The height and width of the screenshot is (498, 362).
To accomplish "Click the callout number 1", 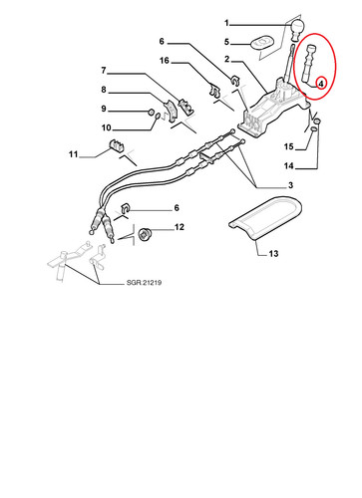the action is [226, 23].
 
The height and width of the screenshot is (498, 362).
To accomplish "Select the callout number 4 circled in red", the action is [321, 84].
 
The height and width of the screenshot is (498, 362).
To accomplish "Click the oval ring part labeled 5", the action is [261, 43].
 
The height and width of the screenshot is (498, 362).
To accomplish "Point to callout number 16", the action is [165, 61].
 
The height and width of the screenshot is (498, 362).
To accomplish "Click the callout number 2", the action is [226, 59].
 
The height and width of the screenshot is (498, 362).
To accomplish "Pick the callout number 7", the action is [104, 71].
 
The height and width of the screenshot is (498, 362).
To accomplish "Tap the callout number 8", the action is [104, 90].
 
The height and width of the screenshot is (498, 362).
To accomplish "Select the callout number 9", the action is [104, 109].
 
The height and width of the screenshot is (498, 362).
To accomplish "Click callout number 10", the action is [106, 127].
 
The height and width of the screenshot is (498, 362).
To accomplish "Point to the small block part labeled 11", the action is [116, 145].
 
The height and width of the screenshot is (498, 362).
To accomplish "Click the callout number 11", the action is [73, 154].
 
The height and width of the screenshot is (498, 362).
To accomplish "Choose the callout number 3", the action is [290, 185].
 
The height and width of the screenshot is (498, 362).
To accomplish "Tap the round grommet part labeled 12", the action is [144, 234].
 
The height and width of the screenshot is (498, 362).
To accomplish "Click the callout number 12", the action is [180, 227].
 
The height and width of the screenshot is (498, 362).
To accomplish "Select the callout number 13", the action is [273, 254].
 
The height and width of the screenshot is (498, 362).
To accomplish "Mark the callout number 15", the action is [289, 146].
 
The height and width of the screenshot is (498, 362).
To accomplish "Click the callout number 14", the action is [289, 165].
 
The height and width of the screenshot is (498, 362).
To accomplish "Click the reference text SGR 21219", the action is [144, 283].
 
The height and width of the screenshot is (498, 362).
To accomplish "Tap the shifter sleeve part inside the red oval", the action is [309, 63].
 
